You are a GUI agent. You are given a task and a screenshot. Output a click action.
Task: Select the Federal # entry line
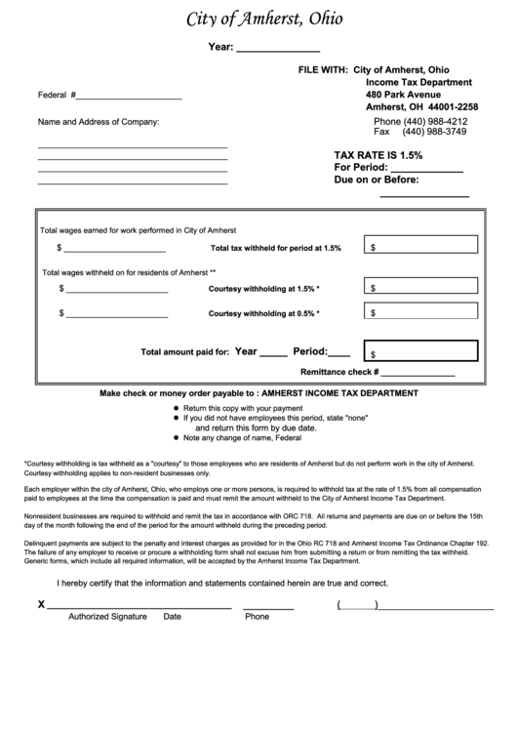click(128, 97)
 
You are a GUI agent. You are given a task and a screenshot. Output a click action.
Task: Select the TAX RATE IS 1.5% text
click(378, 155)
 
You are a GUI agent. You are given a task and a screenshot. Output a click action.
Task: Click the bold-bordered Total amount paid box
click(419, 351)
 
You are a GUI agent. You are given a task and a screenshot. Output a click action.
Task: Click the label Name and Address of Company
click(98, 122)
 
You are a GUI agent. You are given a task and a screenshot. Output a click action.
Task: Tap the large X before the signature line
click(41, 604)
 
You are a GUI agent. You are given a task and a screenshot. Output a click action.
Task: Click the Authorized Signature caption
click(107, 617)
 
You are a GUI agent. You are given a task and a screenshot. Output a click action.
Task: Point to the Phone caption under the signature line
click(257, 617)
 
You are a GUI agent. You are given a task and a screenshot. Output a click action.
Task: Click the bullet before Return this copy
click(176, 407)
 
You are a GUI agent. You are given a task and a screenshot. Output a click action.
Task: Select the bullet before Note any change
click(176, 438)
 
